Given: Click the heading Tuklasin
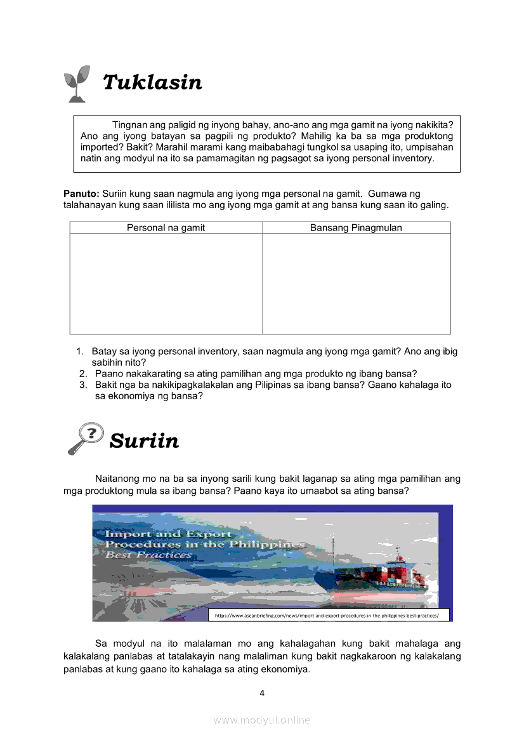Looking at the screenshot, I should (152, 83).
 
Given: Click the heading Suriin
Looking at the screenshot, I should (144, 441).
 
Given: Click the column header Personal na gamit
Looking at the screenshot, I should (166, 228).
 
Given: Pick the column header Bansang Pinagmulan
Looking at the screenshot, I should (356, 228).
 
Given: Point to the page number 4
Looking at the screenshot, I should (262, 692).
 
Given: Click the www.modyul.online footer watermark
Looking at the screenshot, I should (262, 720).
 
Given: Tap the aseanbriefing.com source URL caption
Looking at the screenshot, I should (328, 615).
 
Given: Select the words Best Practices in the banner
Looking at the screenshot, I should (148, 555).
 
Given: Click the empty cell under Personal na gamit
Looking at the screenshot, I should (166, 283).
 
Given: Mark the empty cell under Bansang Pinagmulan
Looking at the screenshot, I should (356, 283).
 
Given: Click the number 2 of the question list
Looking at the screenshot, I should (82, 374).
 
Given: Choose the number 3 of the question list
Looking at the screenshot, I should (82, 385).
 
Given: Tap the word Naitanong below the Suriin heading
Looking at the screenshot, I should (119, 479).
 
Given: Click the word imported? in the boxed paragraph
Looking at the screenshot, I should (102, 147).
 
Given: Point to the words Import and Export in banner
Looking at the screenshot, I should (168, 534).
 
